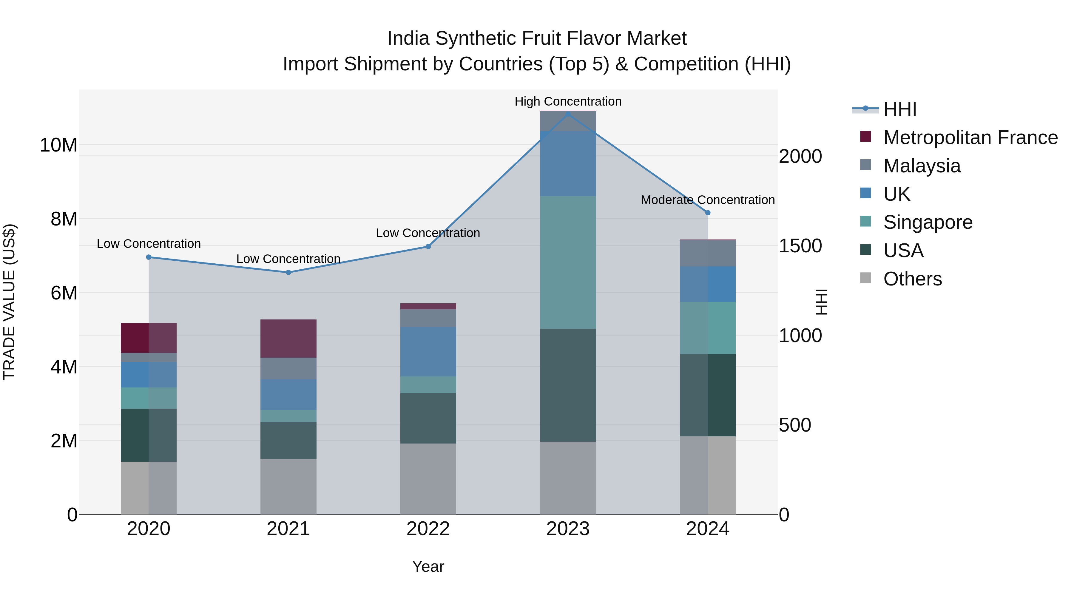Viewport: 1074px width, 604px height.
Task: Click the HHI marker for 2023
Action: pyautogui.click(x=568, y=114)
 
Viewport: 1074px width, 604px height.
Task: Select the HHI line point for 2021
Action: pyautogui.click(x=288, y=273)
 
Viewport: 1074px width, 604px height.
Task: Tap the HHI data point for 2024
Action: pyautogui.click(x=708, y=213)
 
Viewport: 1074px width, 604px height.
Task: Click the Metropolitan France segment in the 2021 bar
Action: pyautogui.click(x=288, y=339)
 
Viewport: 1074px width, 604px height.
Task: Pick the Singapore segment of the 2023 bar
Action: pyautogui.click(x=568, y=262)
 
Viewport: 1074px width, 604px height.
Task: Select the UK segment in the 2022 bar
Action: pyautogui.click(x=428, y=352)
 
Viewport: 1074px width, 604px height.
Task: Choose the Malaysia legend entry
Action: pyautogui.click(x=922, y=166)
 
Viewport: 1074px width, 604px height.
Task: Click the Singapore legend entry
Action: pyautogui.click(x=927, y=222)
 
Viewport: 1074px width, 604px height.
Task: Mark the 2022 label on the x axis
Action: pyautogui.click(x=428, y=529)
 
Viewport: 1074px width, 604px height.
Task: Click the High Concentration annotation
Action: pyautogui.click(x=568, y=101)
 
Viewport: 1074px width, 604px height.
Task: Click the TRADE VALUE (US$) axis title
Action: pyautogui.click(x=9, y=302)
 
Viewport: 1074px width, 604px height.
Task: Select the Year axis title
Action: pyautogui.click(x=428, y=566)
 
